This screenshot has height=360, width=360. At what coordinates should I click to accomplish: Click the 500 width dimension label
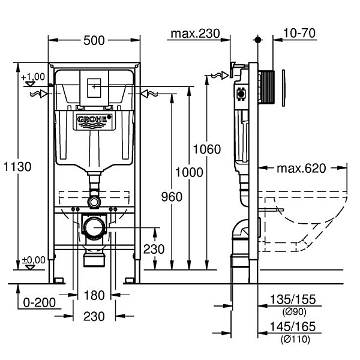click(x=94, y=41)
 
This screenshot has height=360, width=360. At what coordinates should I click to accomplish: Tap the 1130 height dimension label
click(x=17, y=167)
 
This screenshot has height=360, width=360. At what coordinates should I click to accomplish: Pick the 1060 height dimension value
click(x=207, y=149)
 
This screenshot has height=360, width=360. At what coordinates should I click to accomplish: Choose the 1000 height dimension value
click(x=190, y=173)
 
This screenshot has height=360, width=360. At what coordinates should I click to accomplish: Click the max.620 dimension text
click(x=301, y=169)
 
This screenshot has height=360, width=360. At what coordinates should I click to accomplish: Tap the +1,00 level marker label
click(x=32, y=76)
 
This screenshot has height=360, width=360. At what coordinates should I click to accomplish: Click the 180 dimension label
click(x=95, y=295)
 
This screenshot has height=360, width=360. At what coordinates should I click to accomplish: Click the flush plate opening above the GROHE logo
click(x=93, y=88)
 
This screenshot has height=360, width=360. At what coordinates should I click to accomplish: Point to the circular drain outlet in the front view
click(x=94, y=228)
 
